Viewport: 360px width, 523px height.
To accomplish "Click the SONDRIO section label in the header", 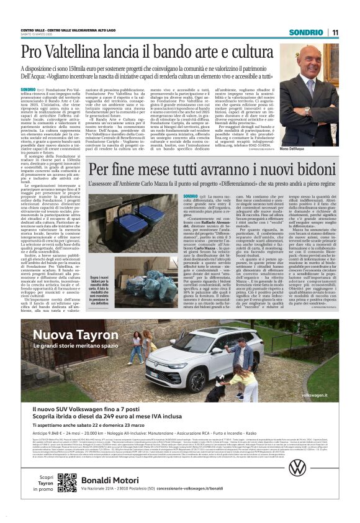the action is [x=306, y=32].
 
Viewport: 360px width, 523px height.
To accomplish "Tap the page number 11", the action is [x=335, y=32].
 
